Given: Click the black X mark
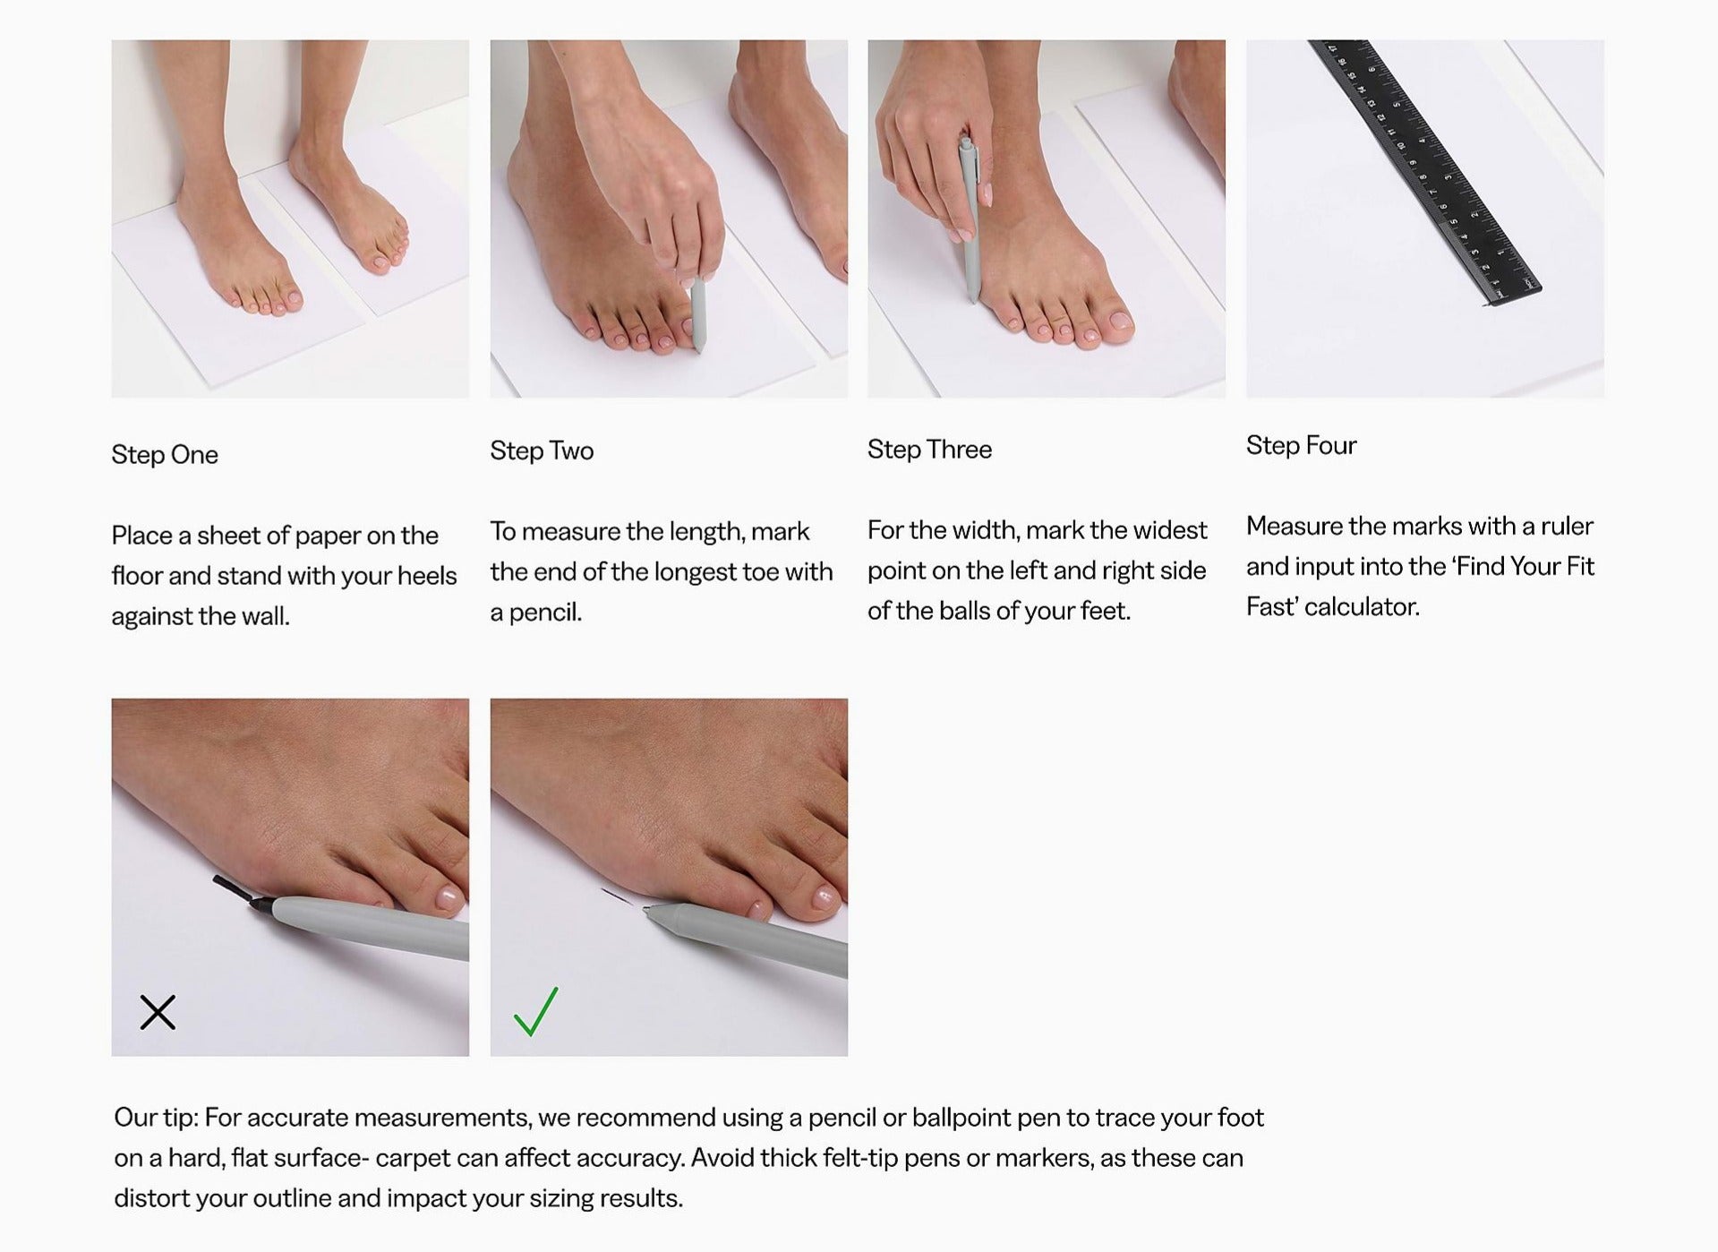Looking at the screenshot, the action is tap(158, 1012).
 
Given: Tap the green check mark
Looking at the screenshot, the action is tap(535, 1011).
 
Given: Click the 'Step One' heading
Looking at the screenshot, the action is tap(165, 455).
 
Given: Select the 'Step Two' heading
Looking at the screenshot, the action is tap(542, 450).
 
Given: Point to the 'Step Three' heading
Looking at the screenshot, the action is tap(929, 450).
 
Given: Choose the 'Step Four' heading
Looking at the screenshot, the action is tap(1301, 446).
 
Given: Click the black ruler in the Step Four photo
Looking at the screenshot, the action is tap(1424, 170).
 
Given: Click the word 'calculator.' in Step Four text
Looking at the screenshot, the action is tap(1362, 607).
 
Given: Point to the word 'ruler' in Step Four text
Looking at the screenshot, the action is tap(1567, 526).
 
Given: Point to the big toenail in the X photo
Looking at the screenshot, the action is tap(448, 897).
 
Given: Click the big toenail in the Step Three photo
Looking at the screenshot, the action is tap(1119, 320).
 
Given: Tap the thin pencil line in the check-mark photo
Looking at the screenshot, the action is tap(616, 896).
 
